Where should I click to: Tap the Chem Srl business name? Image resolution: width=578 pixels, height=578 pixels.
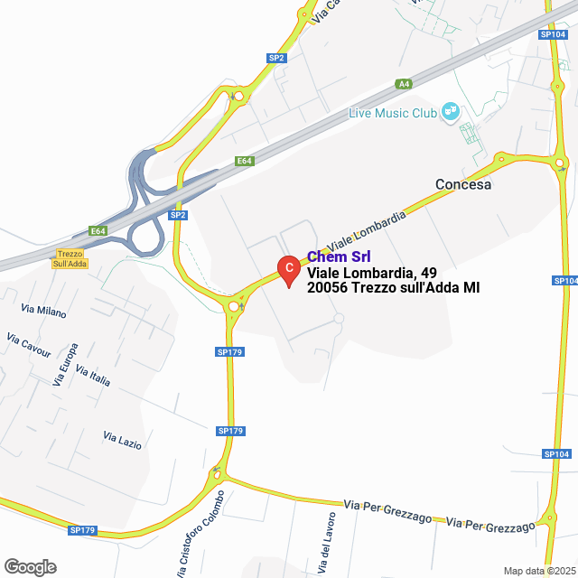point(339,256)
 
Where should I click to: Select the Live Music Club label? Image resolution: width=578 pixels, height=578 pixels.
point(393,113)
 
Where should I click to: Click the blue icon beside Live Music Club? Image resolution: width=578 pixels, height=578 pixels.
point(450,112)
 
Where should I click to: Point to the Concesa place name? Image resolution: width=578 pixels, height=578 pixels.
point(462,184)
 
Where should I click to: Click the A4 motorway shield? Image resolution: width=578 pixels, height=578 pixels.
point(404,84)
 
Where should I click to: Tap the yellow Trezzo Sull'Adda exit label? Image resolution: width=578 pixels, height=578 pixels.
point(70,258)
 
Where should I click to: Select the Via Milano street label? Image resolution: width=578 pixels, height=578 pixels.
point(43,311)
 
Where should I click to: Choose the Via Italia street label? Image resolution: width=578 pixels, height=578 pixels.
point(93,377)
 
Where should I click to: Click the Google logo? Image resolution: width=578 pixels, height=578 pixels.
point(30,567)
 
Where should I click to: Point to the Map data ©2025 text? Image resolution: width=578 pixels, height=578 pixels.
point(538,571)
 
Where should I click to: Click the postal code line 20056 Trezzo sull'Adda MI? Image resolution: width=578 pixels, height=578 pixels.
point(393,288)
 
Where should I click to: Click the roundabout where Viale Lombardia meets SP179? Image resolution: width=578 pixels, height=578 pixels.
point(234,306)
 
